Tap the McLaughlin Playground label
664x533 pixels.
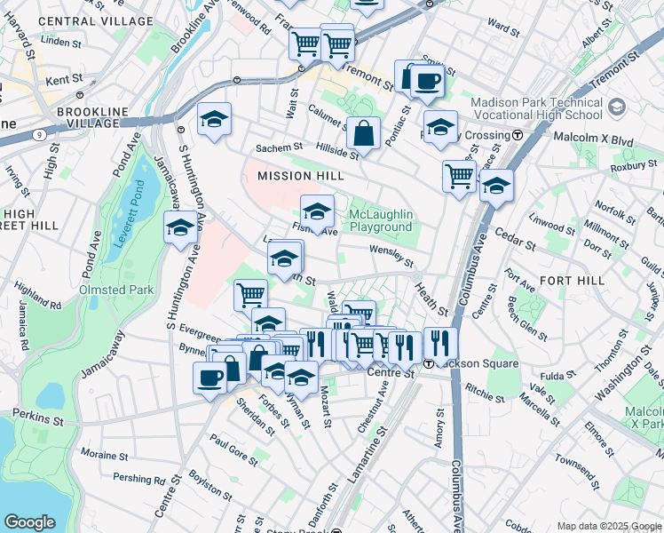coord(381,221)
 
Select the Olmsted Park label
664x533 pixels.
coord(116,290)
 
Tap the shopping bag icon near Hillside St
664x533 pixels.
coord(363,134)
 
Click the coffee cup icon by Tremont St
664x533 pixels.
coord(425,82)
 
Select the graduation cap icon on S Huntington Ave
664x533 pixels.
coord(180,227)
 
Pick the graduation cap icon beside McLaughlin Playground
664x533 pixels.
coord(317,211)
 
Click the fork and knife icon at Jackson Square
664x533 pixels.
coord(440,343)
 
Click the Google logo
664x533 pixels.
coord(30,521)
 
